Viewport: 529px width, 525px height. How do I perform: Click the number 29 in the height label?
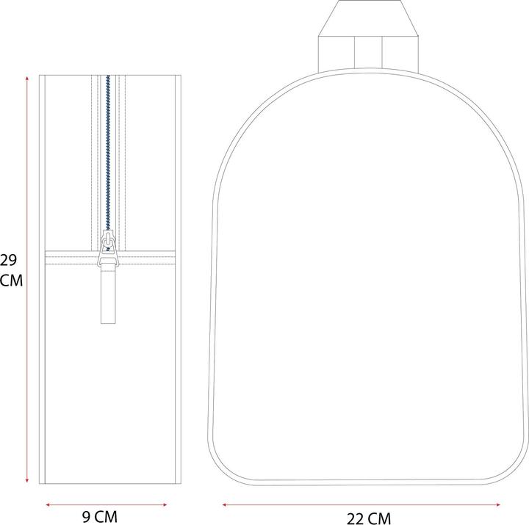tap(8, 261)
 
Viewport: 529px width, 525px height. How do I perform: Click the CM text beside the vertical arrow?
tap(11, 280)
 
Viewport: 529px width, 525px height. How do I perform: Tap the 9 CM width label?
tap(100, 517)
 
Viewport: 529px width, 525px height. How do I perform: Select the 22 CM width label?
tap(369, 518)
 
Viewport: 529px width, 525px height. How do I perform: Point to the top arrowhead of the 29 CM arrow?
tap(27, 79)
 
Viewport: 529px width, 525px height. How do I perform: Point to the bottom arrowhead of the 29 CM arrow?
tap(27, 479)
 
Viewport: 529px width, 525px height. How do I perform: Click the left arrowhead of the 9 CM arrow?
tap(48, 504)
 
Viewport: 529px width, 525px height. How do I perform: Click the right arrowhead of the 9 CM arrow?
tap(165, 504)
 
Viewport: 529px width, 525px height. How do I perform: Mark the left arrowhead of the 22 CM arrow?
tap(225, 504)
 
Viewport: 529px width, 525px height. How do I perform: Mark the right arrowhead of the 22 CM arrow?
tap(497, 504)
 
